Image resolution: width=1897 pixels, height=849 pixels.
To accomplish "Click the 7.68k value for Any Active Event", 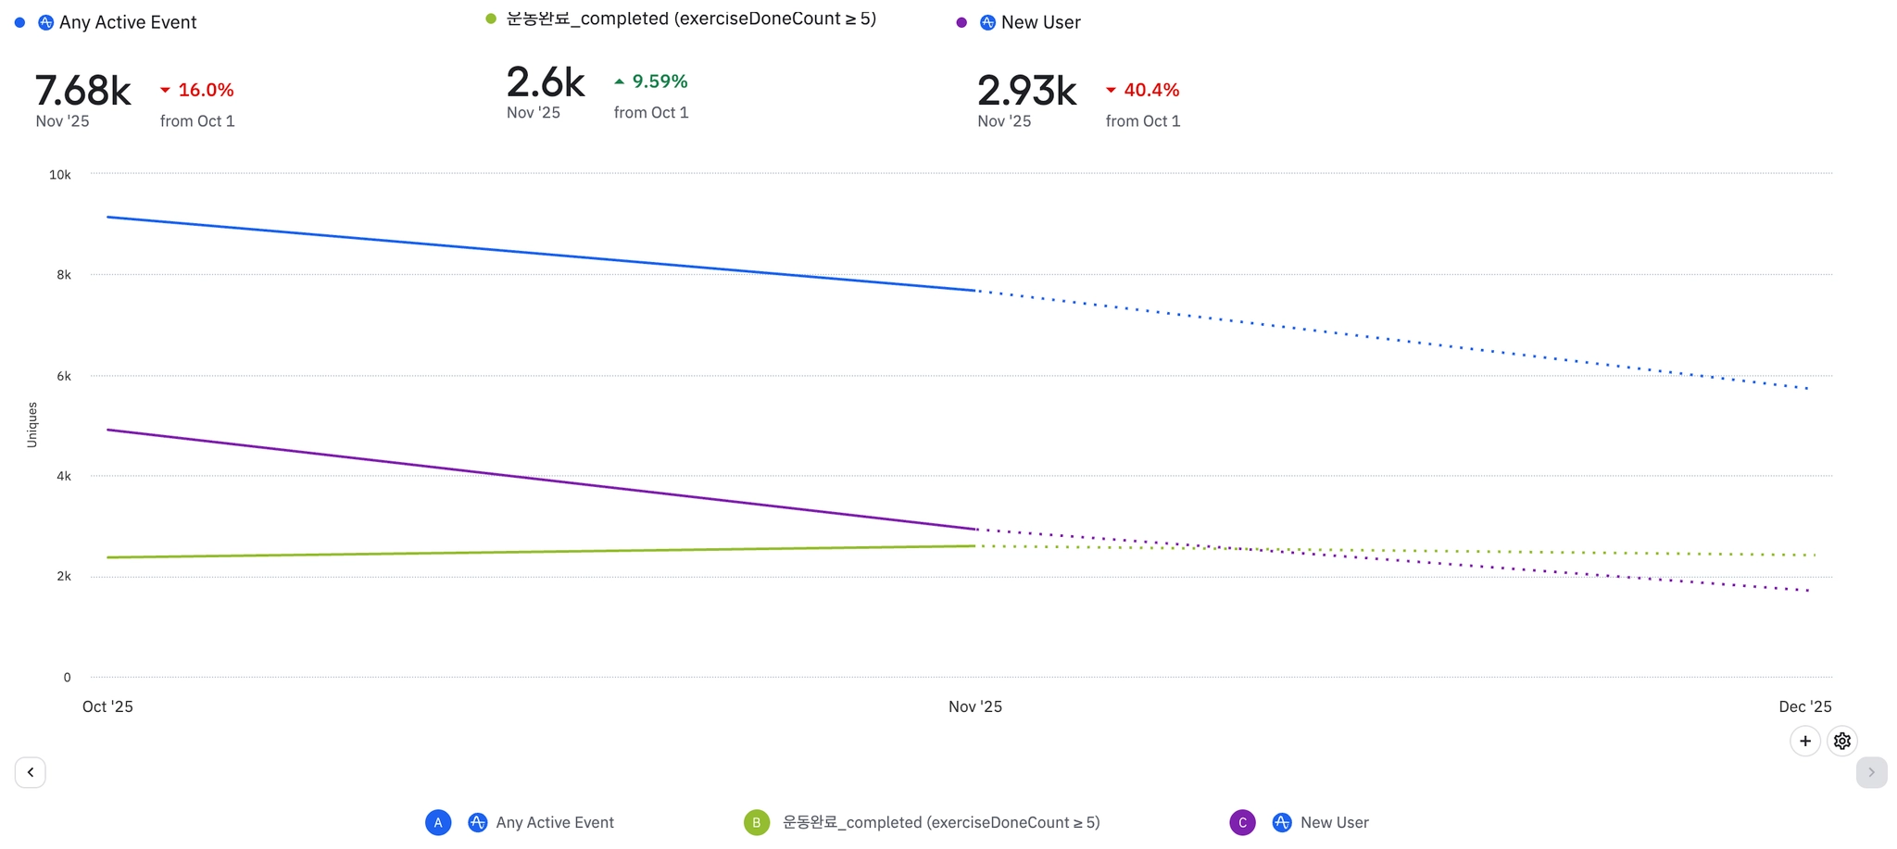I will click(83, 91).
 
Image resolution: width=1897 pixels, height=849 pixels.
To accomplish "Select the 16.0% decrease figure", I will click(205, 90).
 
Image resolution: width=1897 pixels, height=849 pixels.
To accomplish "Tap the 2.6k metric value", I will click(546, 82).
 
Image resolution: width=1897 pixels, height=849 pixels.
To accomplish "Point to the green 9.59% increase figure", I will click(659, 81).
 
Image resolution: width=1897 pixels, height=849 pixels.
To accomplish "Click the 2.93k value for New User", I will click(1026, 91).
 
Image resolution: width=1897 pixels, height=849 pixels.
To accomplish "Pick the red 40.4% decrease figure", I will click(1150, 90).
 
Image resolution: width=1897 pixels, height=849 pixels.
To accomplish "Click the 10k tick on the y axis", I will click(60, 175).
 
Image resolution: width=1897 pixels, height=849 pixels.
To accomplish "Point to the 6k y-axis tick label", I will click(64, 376).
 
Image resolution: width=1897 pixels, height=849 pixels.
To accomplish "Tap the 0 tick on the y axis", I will click(67, 678).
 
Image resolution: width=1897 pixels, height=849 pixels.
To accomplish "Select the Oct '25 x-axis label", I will click(107, 706).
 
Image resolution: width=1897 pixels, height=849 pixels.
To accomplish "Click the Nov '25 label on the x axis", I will click(974, 706).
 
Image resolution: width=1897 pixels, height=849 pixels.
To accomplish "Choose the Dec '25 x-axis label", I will click(1804, 706).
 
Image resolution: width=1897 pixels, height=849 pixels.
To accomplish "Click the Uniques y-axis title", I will click(32, 425).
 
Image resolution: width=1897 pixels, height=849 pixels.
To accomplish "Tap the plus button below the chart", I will click(1804, 741).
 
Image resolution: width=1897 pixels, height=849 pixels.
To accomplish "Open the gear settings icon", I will click(1841, 741).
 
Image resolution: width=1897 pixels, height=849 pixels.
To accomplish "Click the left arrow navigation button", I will click(31, 772).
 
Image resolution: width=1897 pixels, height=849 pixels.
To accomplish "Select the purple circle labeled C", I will click(1242, 822).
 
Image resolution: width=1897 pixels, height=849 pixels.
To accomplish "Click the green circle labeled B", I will click(757, 822).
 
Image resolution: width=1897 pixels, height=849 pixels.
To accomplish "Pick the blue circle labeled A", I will click(438, 822).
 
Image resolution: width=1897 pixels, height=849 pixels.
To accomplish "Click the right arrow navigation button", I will click(1871, 772).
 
